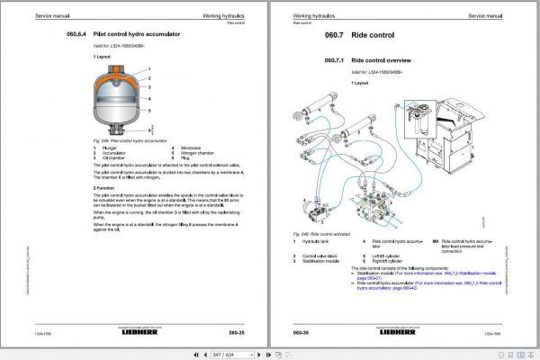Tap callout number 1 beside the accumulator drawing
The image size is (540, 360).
[x=148, y=69]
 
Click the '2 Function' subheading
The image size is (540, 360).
[x=107, y=187]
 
